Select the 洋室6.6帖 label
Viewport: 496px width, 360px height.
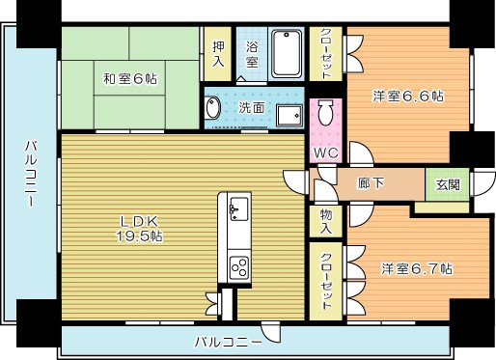point(408,96)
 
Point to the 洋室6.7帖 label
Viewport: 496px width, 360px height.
point(416,268)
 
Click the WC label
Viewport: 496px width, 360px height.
point(324,152)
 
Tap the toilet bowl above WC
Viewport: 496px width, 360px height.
point(325,113)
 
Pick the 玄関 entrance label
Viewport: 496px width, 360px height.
point(448,183)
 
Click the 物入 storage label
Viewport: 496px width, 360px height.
point(325,222)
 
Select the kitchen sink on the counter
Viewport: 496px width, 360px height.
point(237,206)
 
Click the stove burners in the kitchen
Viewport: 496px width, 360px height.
point(237,264)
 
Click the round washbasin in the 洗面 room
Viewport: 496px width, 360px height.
point(212,108)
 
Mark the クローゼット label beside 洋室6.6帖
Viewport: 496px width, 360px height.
point(325,53)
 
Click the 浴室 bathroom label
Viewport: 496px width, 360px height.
point(252,54)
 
